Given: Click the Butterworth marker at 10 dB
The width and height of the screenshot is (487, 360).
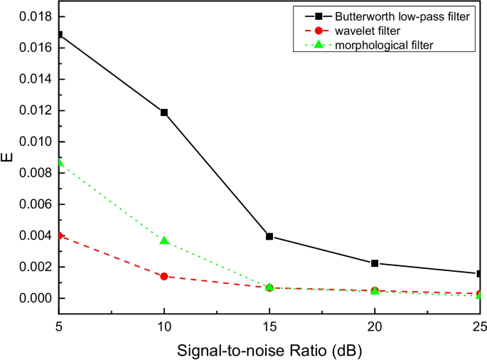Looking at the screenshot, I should point(164,112).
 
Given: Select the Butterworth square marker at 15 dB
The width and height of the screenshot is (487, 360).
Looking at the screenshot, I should point(269,236).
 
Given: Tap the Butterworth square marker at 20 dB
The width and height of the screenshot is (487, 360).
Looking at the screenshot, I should point(375,263).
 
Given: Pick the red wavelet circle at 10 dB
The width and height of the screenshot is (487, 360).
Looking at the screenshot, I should point(164,276).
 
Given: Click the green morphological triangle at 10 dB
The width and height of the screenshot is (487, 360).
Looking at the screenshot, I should point(164,241).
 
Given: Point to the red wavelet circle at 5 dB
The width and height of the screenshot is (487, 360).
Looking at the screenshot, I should point(59,235).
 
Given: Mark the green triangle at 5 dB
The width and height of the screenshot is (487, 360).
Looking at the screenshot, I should point(59,162).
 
